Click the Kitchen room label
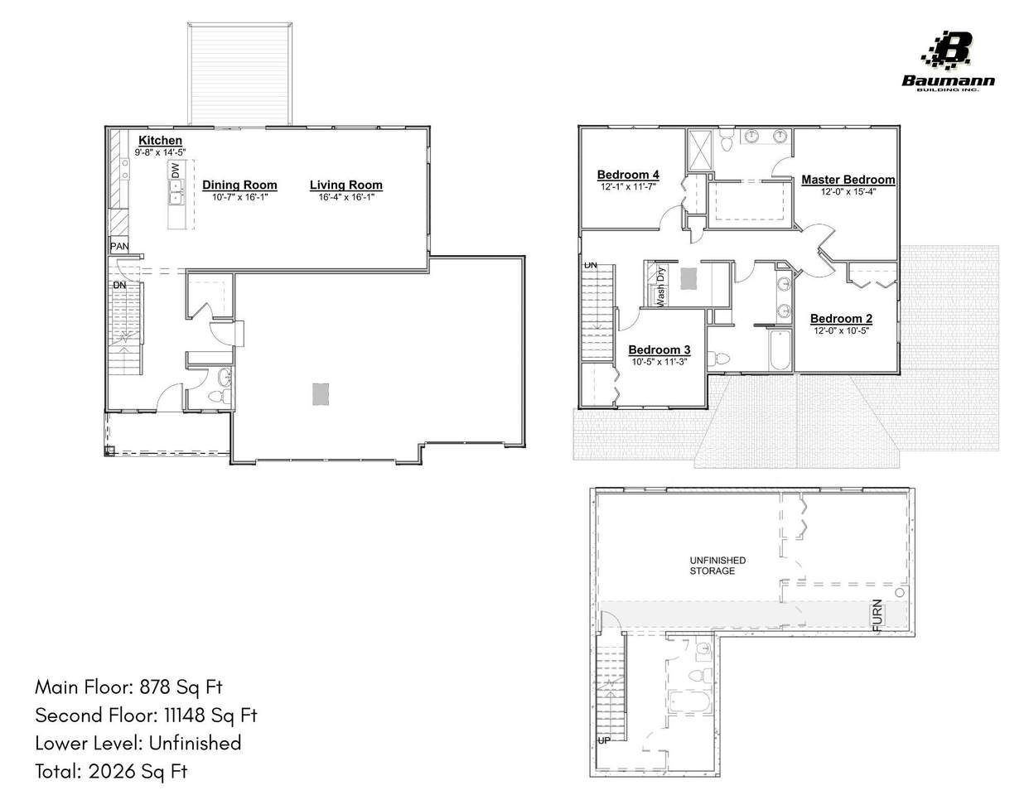(x=160, y=141)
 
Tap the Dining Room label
(x=239, y=185)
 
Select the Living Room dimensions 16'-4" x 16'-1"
(x=346, y=197)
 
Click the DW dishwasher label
(x=175, y=171)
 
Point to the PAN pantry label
(x=119, y=246)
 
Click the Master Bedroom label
(x=848, y=180)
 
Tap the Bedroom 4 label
(x=628, y=175)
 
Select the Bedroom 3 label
(x=659, y=350)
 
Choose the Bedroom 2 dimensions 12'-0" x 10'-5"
(x=841, y=330)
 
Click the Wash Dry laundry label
(x=660, y=287)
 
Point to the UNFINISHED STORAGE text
(x=717, y=566)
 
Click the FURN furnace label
(x=877, y=614)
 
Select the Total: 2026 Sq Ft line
(x=111, y=771)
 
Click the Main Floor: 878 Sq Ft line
(x=128, y=687)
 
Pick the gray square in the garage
(x=321, y=394)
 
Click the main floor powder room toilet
(x=220, y=396)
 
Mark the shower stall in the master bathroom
(x=699, y=150)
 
